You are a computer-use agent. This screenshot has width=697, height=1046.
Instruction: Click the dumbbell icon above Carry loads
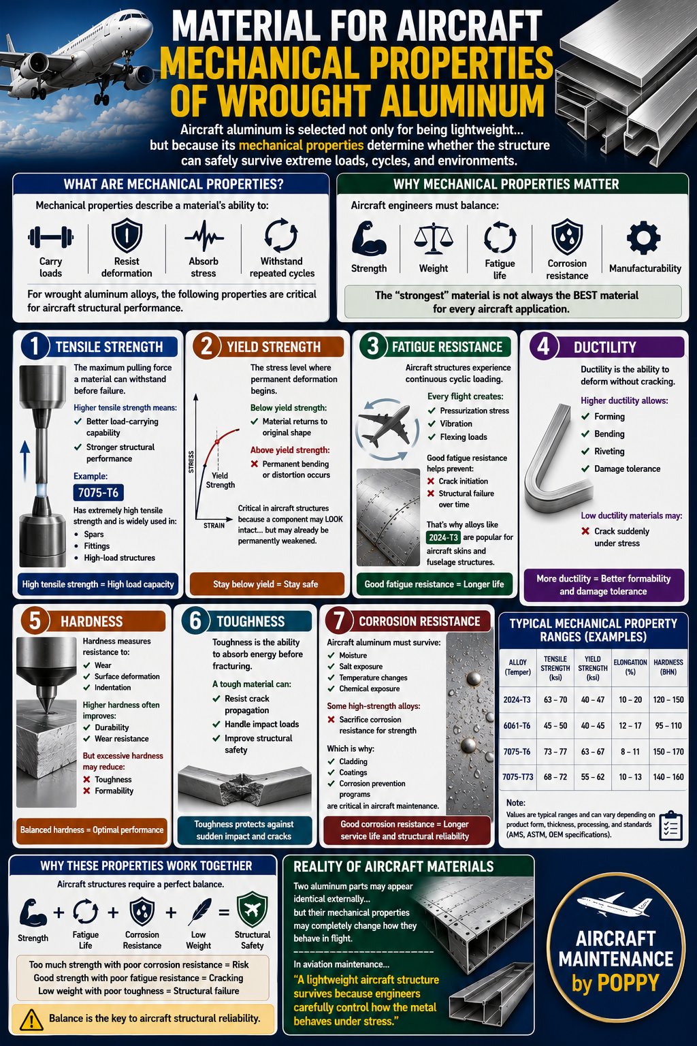50,237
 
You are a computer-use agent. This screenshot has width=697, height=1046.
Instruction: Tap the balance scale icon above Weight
433,237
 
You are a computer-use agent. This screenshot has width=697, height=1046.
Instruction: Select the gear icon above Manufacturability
644,238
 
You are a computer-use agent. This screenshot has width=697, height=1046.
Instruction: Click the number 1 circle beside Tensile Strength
35,347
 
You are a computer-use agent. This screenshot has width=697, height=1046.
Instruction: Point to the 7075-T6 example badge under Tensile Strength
98,492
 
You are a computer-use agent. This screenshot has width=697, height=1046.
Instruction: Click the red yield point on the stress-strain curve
216,441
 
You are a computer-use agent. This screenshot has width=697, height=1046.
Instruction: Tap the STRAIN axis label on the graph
214,526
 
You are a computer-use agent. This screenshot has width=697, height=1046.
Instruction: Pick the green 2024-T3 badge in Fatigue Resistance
443,537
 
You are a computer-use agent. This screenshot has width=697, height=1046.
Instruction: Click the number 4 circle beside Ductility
543,347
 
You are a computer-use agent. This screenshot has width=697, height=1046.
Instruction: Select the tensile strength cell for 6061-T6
555,726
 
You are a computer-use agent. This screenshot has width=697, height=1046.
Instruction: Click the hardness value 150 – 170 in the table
668,751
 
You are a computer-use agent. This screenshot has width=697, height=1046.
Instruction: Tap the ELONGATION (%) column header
630,667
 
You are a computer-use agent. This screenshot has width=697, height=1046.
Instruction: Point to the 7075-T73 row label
518,777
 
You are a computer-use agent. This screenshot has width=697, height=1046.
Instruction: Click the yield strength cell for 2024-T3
592,699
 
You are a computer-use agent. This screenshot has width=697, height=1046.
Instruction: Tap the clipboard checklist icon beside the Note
671,826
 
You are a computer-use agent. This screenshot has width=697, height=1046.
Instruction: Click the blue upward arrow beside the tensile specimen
25,462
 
